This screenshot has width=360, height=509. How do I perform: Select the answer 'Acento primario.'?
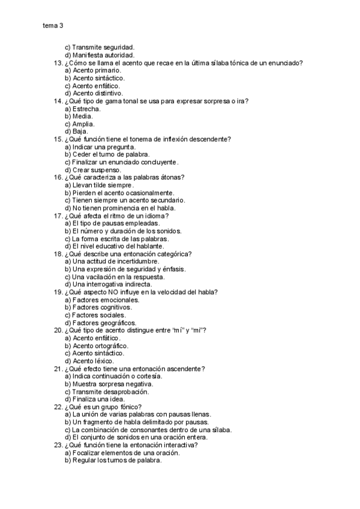pos(91,70)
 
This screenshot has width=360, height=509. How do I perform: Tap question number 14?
pos(58,101)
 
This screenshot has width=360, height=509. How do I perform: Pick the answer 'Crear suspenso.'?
pos(96,170)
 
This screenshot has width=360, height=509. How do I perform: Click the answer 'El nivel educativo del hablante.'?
pos(118,246)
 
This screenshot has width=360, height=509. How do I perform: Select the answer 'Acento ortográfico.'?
pos(100,346)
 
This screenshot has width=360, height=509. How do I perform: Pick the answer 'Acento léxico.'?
pos(92,361)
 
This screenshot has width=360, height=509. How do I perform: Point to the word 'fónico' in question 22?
pos(129,407)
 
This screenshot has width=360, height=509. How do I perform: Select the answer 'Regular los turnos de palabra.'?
pos(116,460)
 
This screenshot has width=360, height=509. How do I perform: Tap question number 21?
pos(58,369)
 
